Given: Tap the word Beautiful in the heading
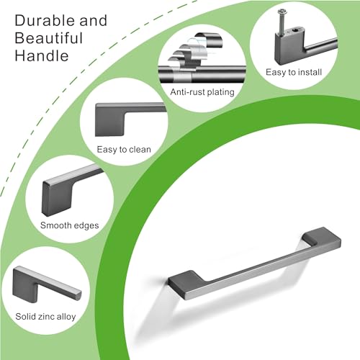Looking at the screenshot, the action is tap(49, 38).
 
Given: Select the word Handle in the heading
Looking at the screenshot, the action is tap(42, 55).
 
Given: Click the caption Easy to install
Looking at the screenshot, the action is tap(294, 72).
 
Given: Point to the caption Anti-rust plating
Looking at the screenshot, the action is tap(202, 92).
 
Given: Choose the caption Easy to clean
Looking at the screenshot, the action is tap(124, 150).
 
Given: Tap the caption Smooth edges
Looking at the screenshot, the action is tap(69, 225).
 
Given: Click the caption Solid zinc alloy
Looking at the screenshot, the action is tap(45, 316).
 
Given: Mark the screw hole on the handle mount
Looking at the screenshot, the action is tap(295, 30).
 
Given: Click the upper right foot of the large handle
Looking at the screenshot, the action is tap(322, 237).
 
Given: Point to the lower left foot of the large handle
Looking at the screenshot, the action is tap(186, 283).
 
